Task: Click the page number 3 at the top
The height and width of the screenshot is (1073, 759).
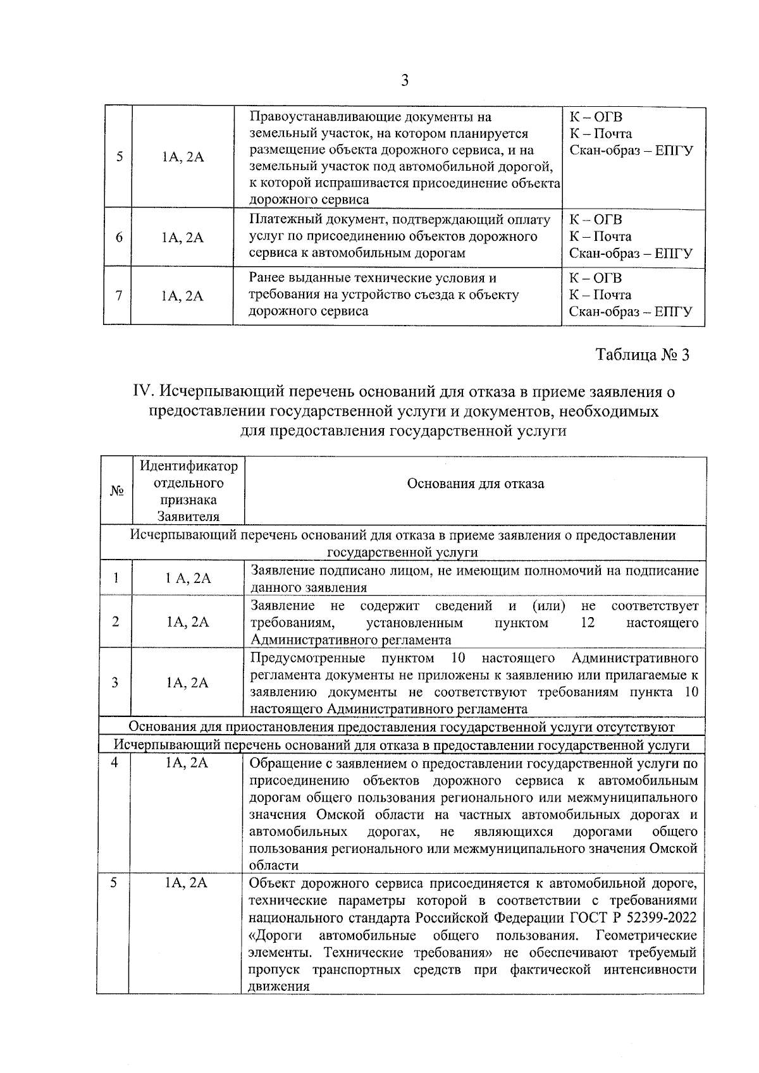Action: tap(405, 81)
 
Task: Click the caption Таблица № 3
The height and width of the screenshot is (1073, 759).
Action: tap(642, 355)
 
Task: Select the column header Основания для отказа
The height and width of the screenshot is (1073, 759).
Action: tap(475, 484)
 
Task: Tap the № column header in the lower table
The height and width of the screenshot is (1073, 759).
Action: tap(116, 491)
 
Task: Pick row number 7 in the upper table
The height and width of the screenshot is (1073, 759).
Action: tap(118, 295)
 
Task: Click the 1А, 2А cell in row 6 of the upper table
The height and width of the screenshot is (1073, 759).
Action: tap(182, 238)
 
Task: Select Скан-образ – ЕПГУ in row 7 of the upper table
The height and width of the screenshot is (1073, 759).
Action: tap(631, 312)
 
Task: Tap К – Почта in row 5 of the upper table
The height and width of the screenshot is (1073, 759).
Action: tap(600, 134)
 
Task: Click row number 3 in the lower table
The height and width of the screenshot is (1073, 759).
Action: tap(115, 682)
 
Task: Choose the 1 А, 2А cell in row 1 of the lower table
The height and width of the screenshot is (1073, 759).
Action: tap(187, 578)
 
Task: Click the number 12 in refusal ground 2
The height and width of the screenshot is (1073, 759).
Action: tap(588, 623)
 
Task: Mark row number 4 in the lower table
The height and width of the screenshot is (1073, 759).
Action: tap(115, 763)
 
